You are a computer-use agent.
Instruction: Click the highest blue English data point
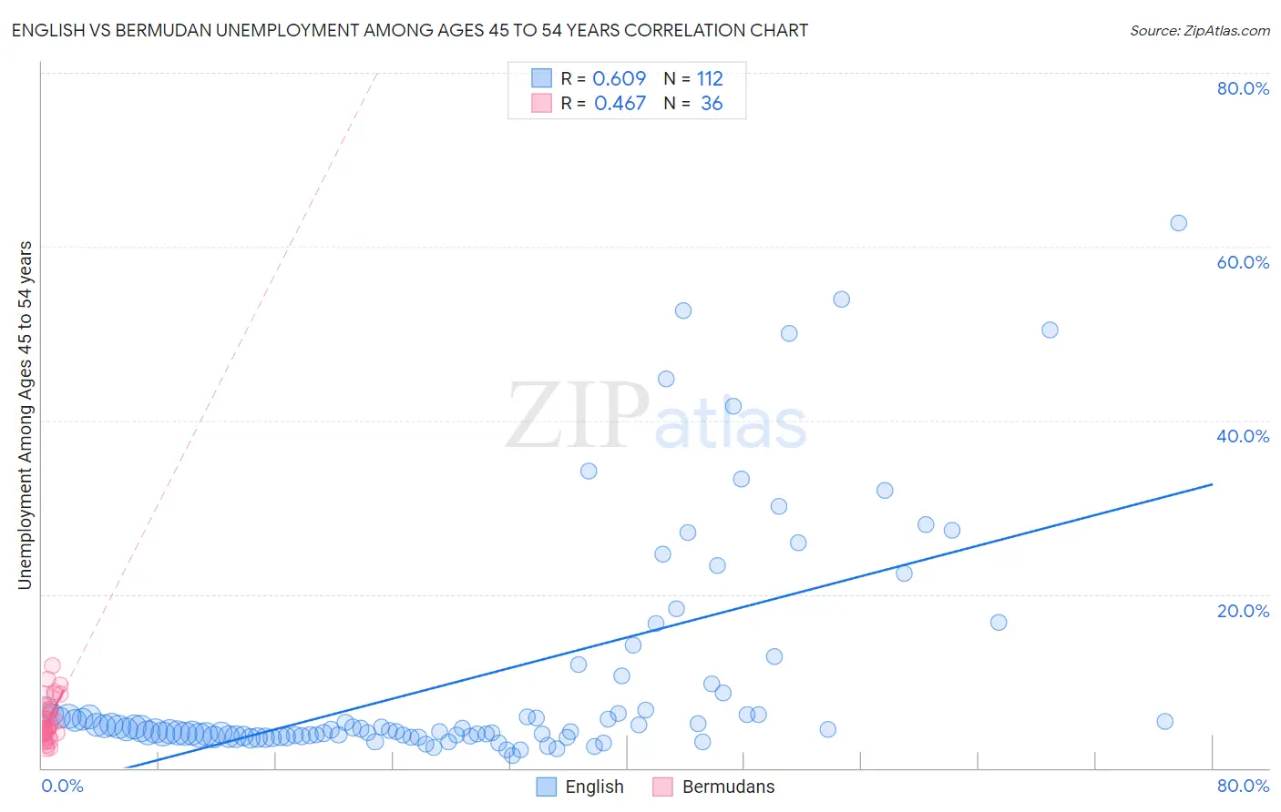click(x=1178, y=223)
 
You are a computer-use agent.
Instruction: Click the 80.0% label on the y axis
click(x=1243, y=88)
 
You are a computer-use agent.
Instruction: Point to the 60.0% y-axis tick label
click(x=1243, y=262)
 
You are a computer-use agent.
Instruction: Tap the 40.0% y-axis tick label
click(x=1243, y=436)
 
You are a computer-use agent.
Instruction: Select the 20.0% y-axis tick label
click(x=1243, y=611)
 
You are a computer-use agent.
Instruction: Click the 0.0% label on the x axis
click(x=62, y=786)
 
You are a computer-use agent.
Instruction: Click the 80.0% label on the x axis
click(x=1243, y=786)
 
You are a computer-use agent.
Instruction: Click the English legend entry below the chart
click(x=580, y=787)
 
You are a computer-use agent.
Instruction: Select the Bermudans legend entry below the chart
click(x=713, y=787)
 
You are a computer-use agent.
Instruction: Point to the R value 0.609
click(x=619, y=78)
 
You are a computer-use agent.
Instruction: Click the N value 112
click(x=710, y=78)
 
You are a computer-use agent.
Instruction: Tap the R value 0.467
click(x=620, y=104)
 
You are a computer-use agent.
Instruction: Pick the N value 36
click(x=712, y=104)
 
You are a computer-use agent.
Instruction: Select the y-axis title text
click(x=25, y=415)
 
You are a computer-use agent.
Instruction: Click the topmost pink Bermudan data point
click(x=52, y=666)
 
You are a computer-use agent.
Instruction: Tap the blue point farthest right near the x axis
click(x=1164, y=722)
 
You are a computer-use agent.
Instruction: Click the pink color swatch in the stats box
click(x=542, y=104)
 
